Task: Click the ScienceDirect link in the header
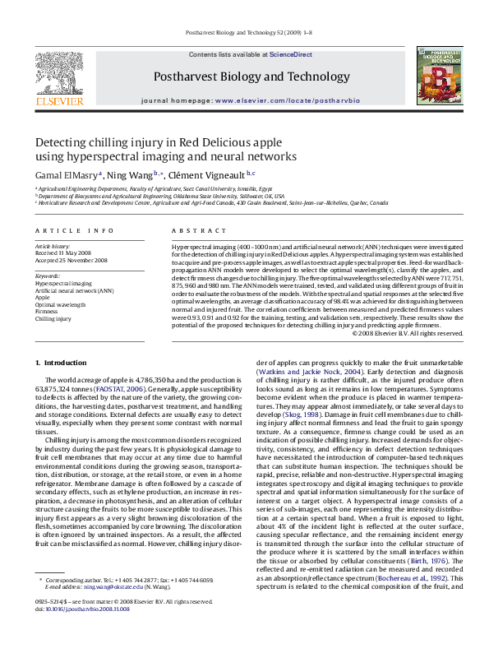click(291, 54)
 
